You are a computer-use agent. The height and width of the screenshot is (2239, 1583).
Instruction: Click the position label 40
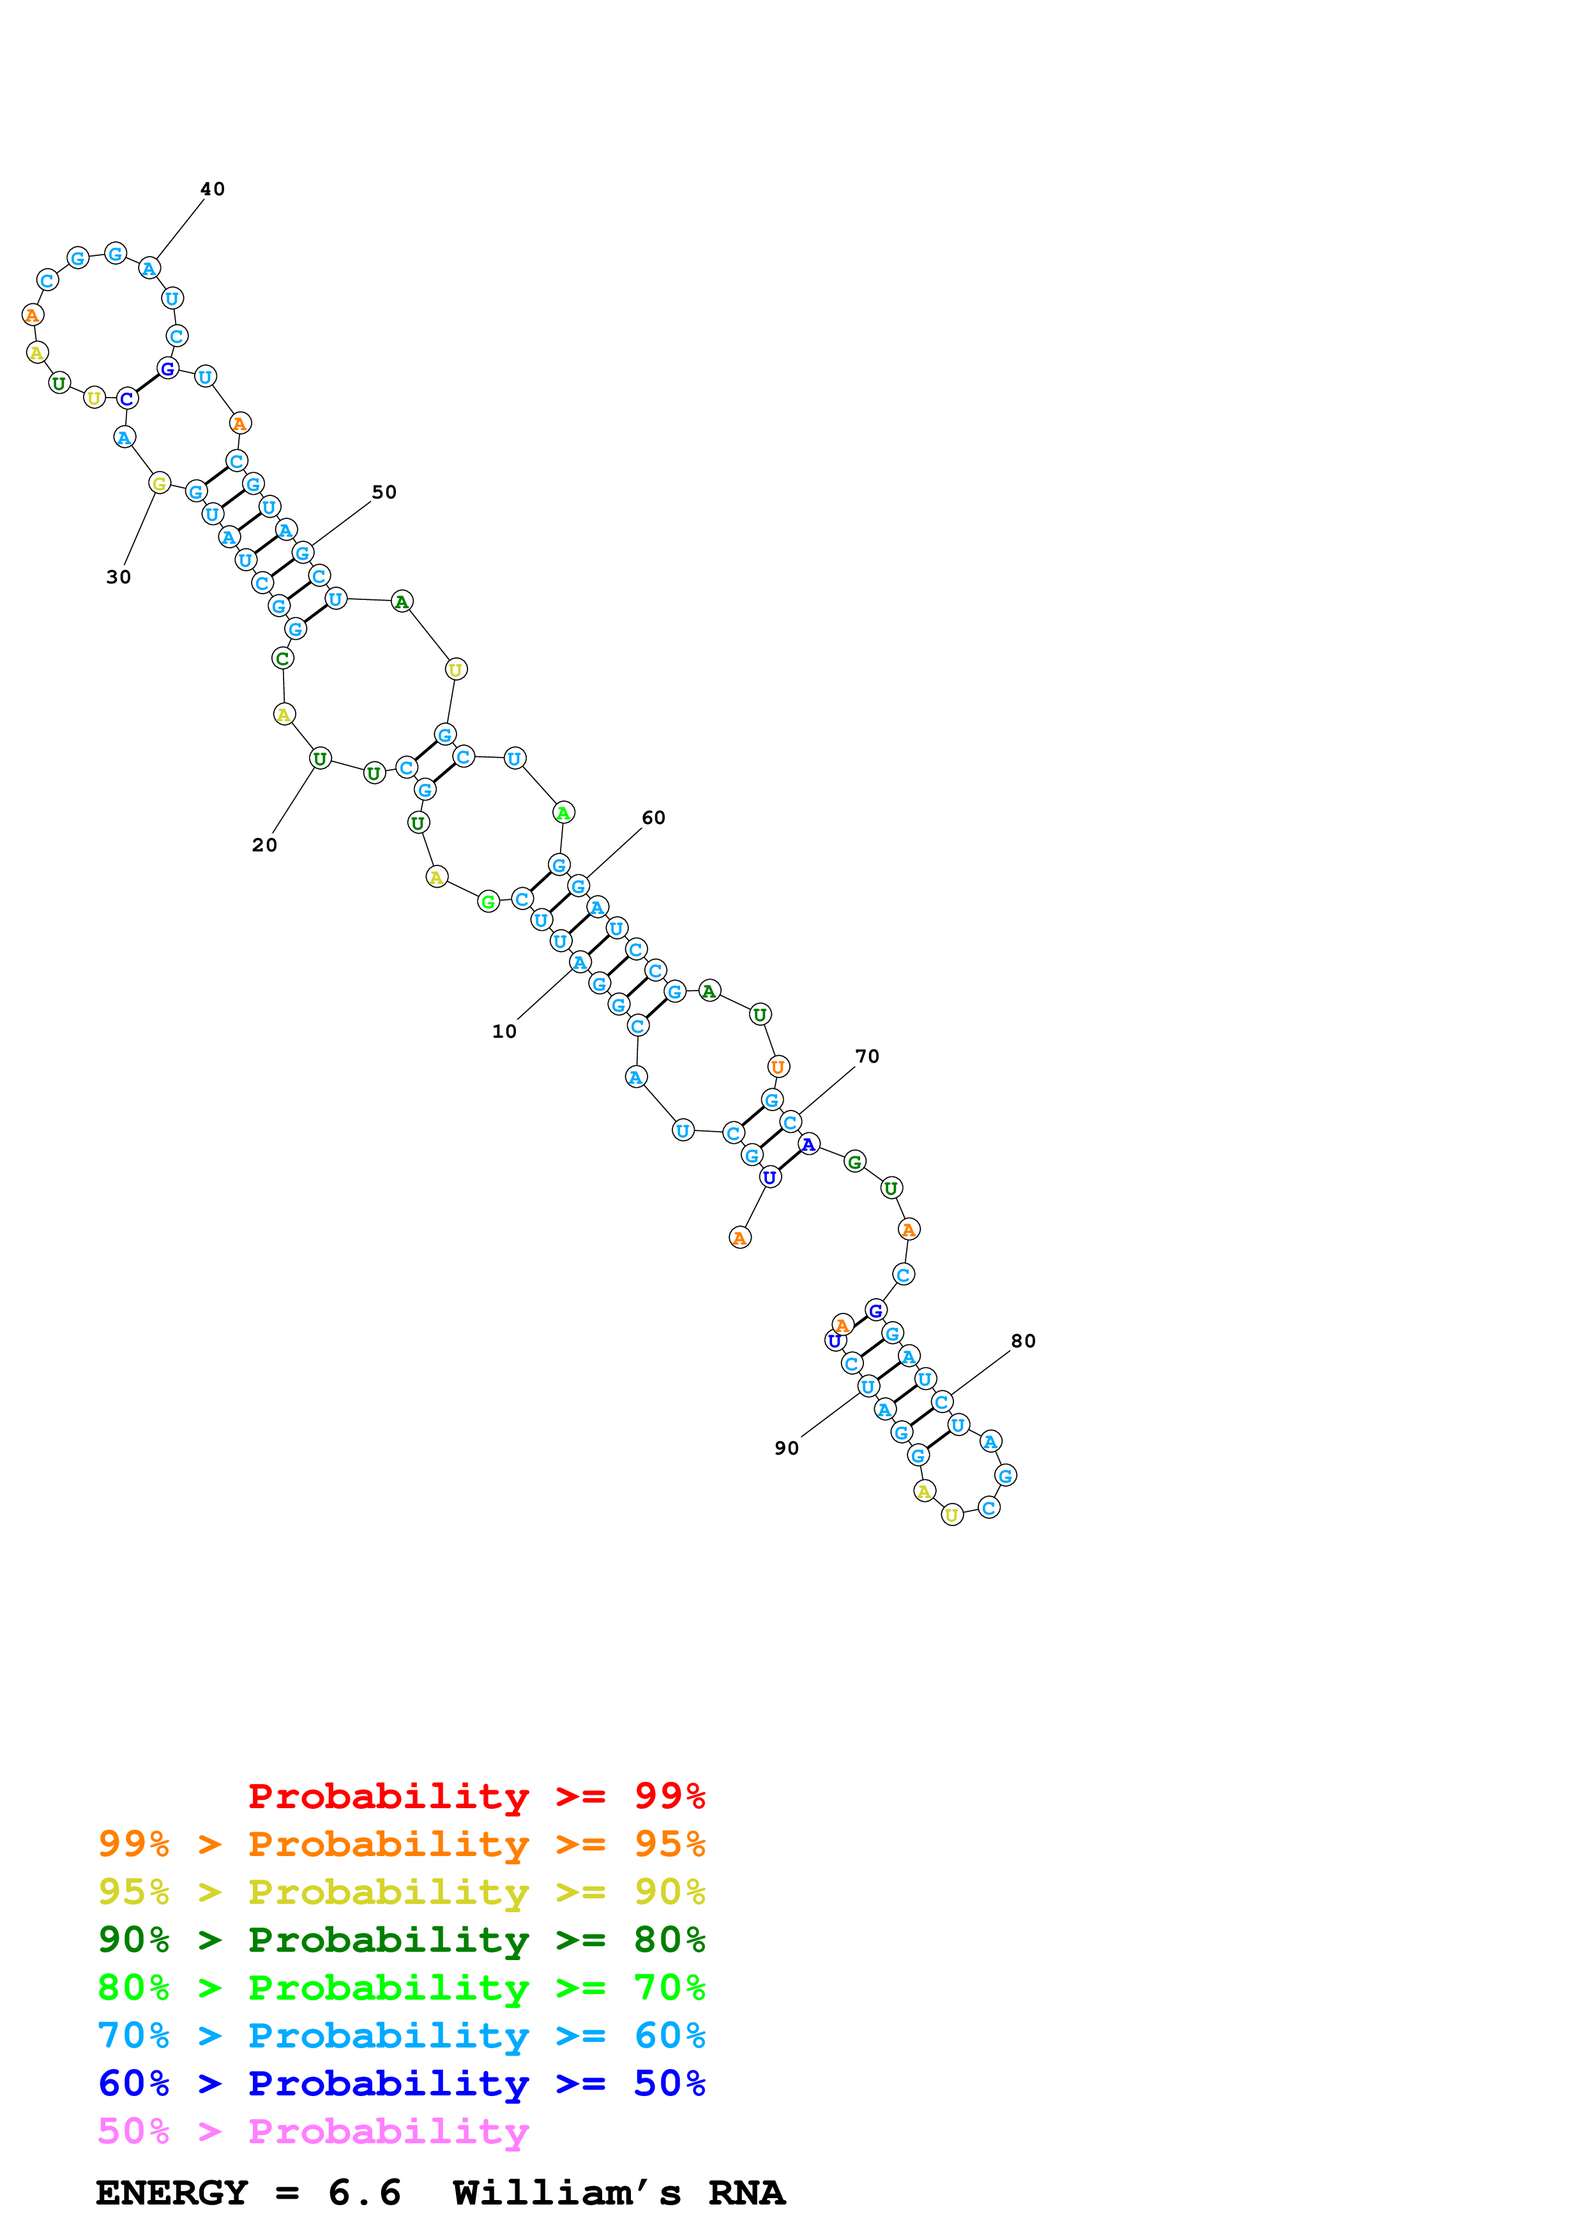[x=213, y=189]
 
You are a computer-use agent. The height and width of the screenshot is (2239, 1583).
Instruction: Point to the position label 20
[x=264, y=846]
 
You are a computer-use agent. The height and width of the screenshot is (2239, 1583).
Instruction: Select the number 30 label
[x=118, y=578]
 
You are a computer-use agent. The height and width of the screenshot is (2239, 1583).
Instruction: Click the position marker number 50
[x=384, y=493]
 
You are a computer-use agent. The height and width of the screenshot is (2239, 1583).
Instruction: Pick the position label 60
[x=653, y=818]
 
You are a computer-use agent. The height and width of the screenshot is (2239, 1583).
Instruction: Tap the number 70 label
[x=867, y=1057]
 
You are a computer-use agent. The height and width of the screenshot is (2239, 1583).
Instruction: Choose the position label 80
[x=1023, y=1342]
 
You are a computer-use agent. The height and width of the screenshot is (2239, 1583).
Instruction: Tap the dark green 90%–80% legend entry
[x=401, y=1940]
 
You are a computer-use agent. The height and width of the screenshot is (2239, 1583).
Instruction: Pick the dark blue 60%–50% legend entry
[x=401, y=2083]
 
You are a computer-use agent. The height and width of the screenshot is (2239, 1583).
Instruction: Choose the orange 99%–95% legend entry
[x=401, y=1844]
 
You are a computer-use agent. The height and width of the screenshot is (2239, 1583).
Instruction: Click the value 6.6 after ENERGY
[x=364, y=2193]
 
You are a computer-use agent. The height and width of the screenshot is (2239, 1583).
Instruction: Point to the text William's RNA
[x=618, y=2193]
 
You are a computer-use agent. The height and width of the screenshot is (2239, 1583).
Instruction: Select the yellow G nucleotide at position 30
[x=160, y=483]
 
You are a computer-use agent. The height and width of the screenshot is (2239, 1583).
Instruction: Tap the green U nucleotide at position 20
[x=320, y=759]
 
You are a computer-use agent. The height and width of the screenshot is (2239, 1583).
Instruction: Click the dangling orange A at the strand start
[x=740, y=1238]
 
